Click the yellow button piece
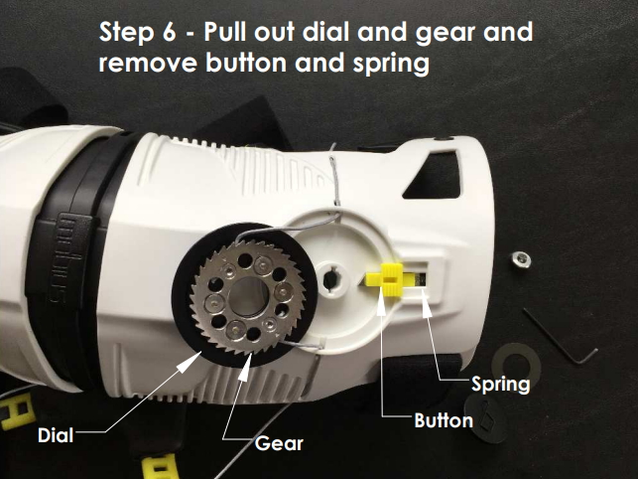385,279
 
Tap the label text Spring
500,384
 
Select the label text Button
444,420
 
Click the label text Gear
279,443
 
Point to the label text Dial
56,435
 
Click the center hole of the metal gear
249,296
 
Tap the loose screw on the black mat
521,259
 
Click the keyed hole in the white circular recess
330,278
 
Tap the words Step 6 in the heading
138,32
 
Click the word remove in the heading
148,64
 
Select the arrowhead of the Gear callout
246,367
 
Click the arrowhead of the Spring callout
426,305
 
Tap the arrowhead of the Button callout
381,304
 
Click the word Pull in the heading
226,32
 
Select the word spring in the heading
391,65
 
